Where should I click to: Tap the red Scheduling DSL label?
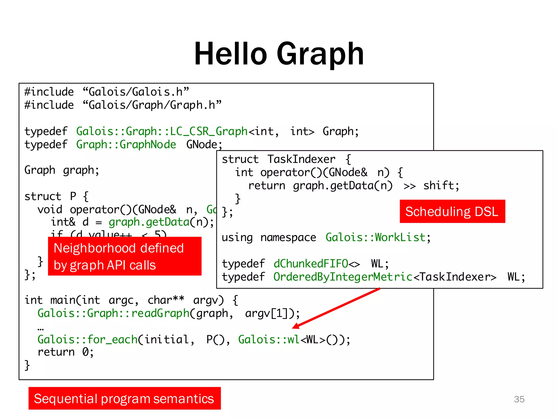(x=452, y=211)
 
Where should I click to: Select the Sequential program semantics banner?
(x=125, y=398)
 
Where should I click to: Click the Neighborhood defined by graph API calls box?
(x=125, y=256)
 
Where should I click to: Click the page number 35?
(x=519, y=399)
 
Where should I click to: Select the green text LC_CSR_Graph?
(x=208, y=131)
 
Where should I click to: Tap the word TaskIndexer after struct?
(x=301, y=159)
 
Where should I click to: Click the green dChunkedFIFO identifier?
(x=311, y=264)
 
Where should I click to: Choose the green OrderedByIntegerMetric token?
(x=343, y=277)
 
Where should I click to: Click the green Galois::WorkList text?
(x=375, y=238)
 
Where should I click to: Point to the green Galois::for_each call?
(x=87, y=339)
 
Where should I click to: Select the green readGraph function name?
(x=160, y=313)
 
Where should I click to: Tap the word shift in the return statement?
(x=438, y=186)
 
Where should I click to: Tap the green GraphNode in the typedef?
(x=148, y=145)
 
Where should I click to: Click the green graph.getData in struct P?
(x=149, y=222)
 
